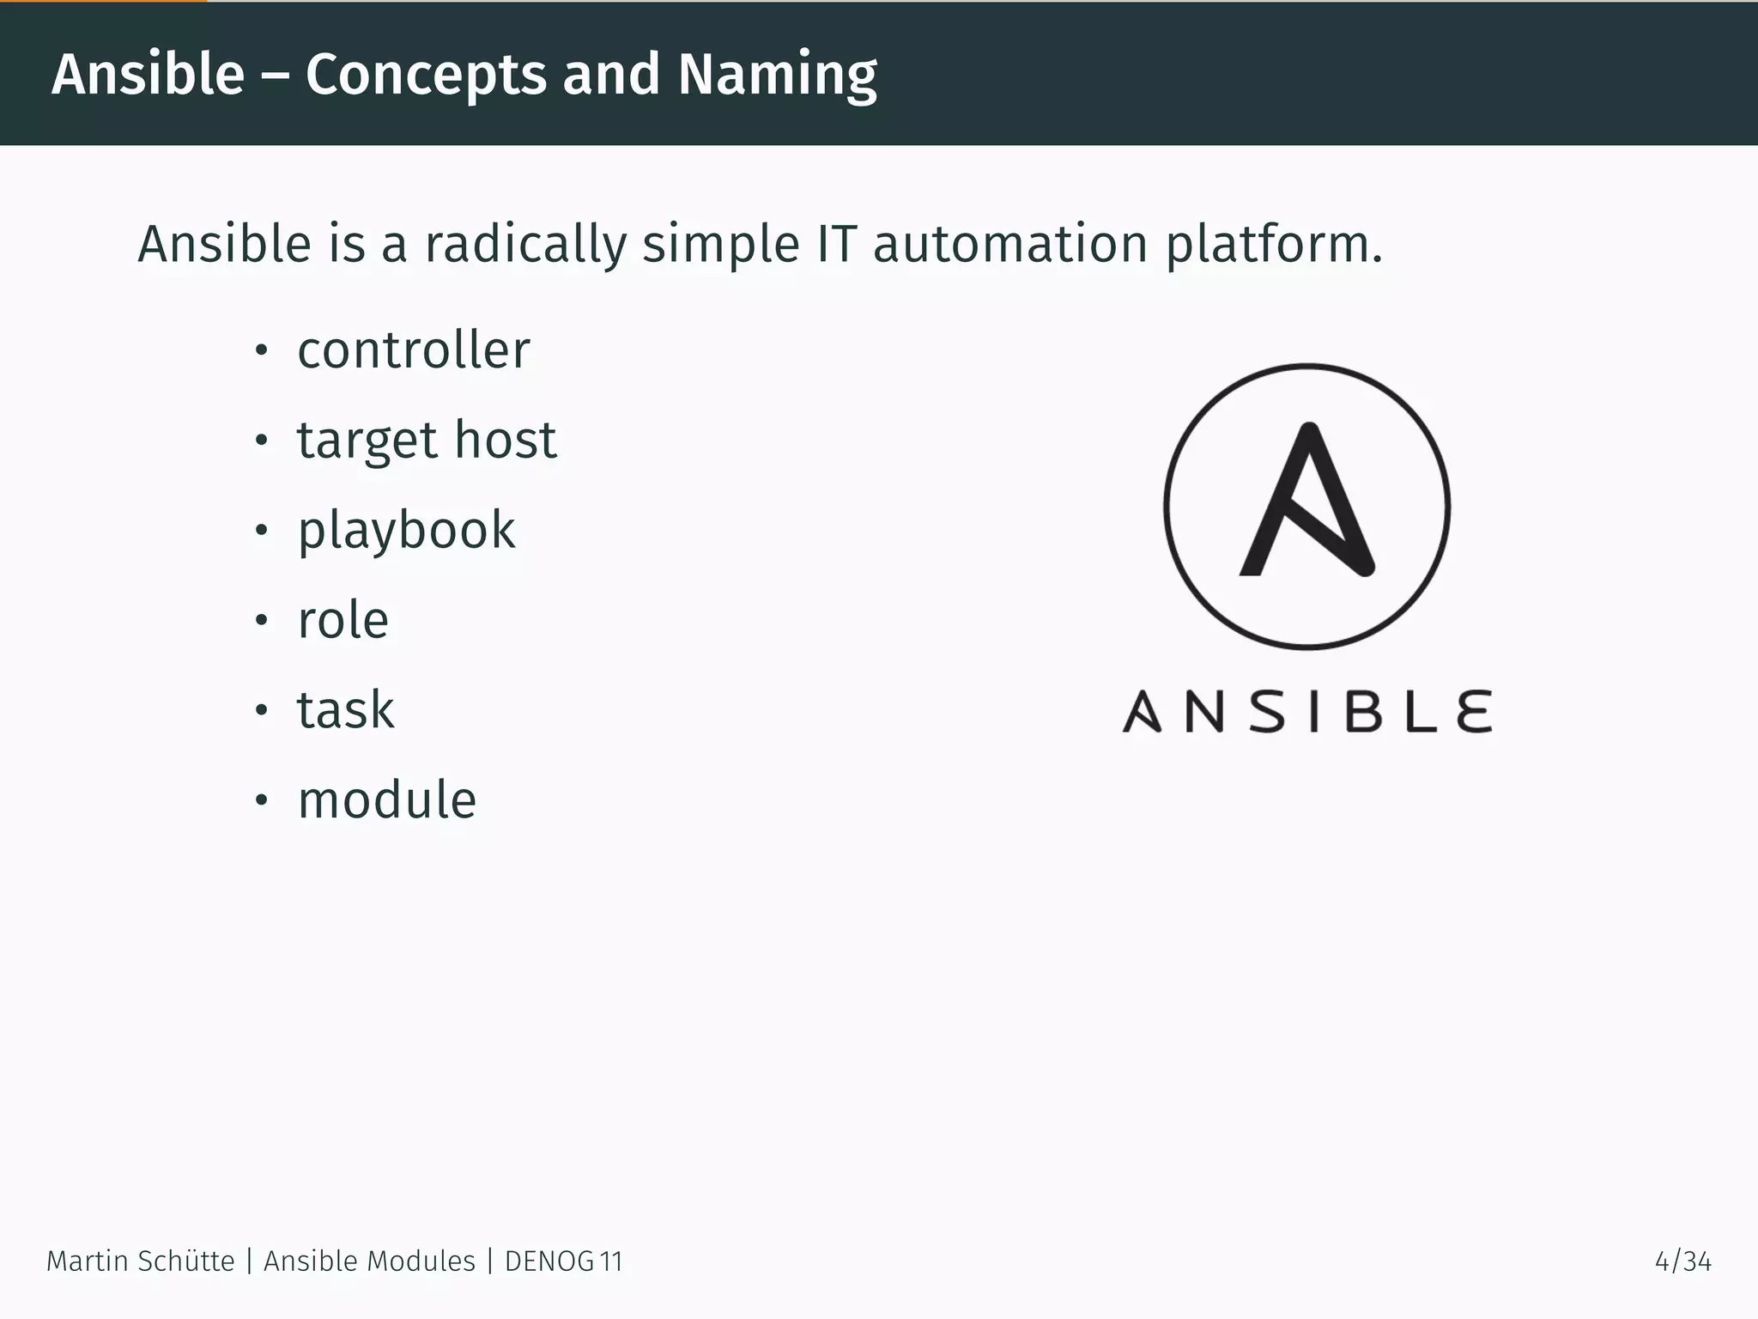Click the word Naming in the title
pos(777,76)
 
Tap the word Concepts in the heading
pos(425,76)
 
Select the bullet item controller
pos(413,350)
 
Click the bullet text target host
pos(427,441)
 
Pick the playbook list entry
pos(406,531)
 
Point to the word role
pos(343,620)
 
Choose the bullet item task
pos(345,710)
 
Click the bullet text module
pos(386,800)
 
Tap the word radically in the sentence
pos(525,244)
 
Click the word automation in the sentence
pos(1009,244)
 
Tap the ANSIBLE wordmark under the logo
pos(1306,712)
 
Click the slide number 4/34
pos(1682,1261)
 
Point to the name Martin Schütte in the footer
pos(140,1261)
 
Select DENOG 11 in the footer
pos(563,1261)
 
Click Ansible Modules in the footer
pos(369,1261)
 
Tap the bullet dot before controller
pos(262,351)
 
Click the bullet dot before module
pos(262,801)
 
